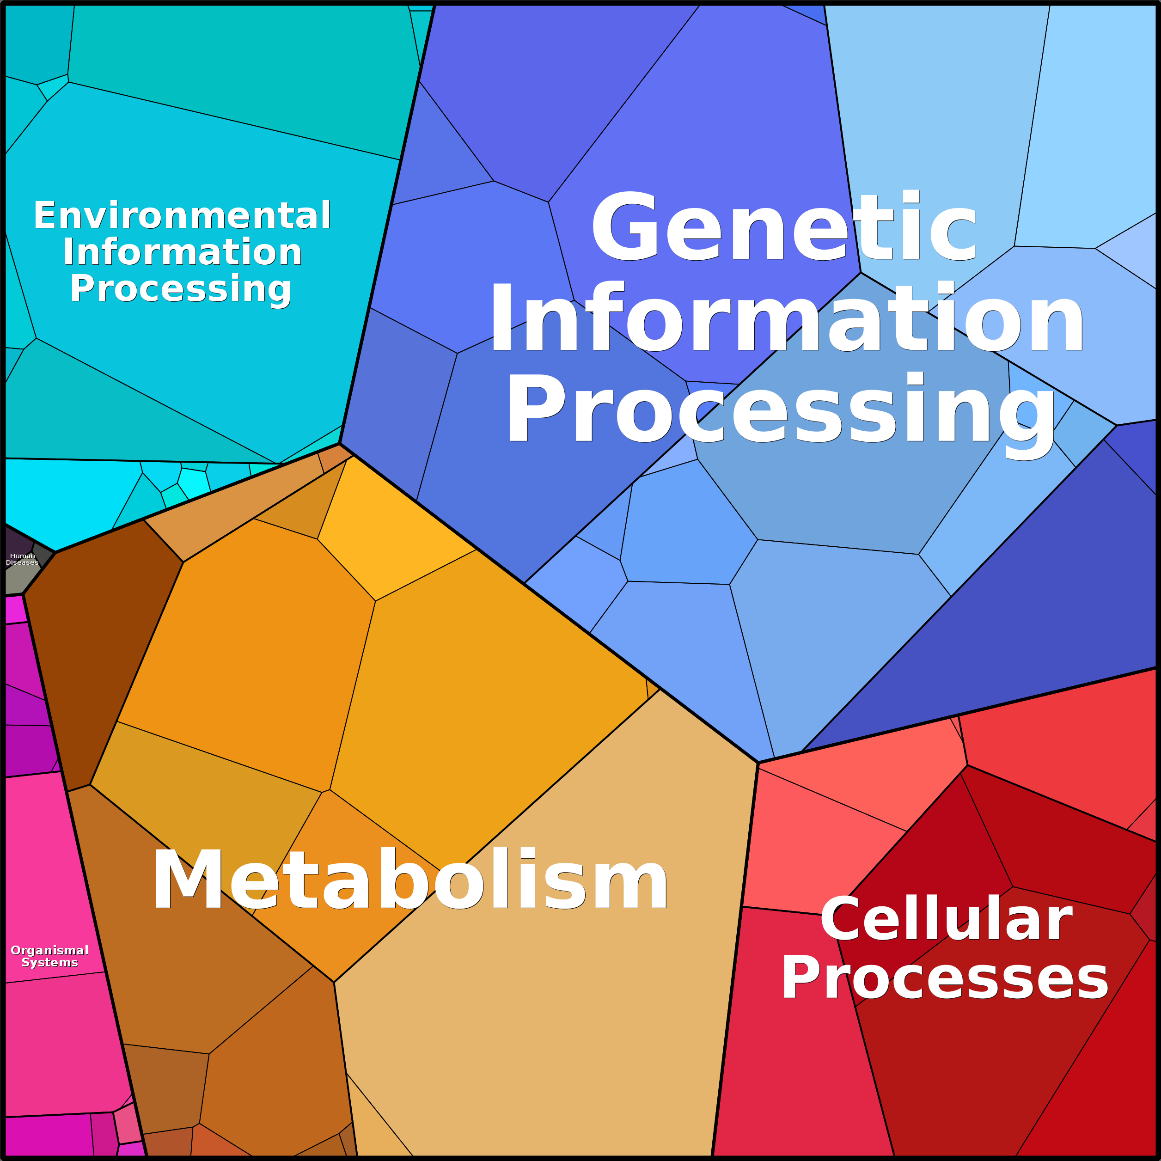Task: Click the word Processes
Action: point(945,979)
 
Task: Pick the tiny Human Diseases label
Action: point(22,559)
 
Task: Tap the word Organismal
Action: point(50,950)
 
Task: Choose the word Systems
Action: point(50,963)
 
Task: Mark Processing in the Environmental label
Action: point(181,289)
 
